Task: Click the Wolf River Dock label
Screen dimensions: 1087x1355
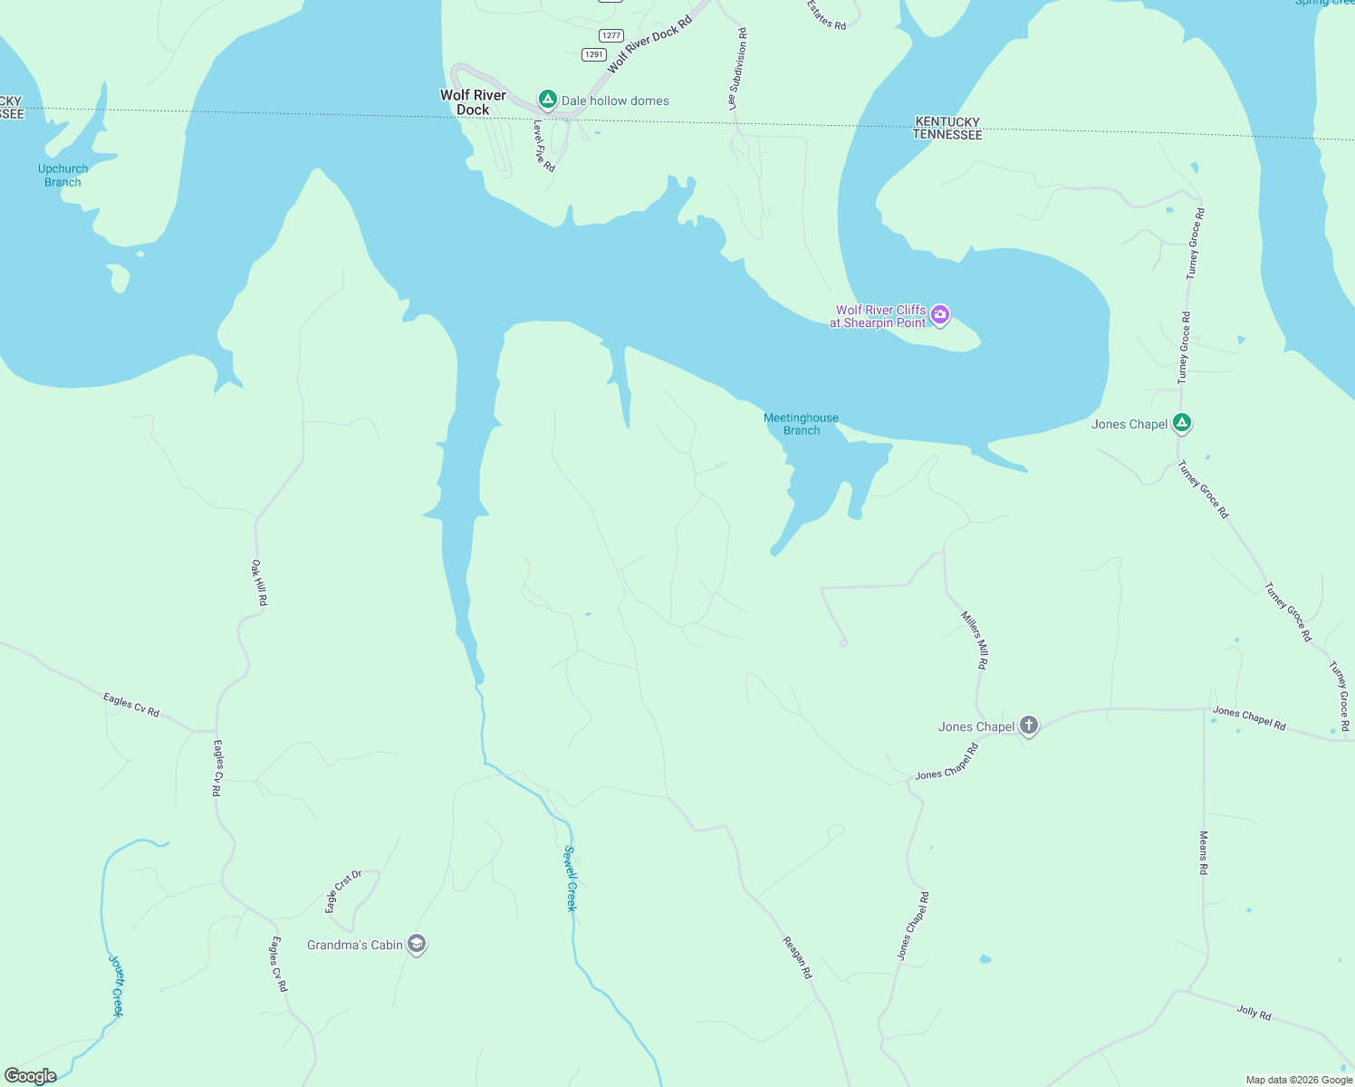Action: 473,102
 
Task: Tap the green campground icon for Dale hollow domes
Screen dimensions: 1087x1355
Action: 547,100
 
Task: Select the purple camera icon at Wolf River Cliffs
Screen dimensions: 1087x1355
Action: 940,315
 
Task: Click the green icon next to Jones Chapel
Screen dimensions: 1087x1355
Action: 1181,423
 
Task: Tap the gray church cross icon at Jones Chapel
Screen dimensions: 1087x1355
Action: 1028,726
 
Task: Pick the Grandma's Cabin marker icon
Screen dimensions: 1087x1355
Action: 417,945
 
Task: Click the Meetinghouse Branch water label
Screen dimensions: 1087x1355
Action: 801,424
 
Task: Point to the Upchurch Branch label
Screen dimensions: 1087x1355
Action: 63,176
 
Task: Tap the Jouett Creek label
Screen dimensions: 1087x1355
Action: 116,986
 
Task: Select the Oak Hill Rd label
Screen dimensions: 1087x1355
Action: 259,582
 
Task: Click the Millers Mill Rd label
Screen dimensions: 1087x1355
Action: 975,640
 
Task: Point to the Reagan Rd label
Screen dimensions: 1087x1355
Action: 797,957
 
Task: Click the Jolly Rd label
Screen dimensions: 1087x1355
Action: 1254,1012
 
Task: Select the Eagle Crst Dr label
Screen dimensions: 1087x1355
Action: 343,891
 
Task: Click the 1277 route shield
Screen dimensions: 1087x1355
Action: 611,36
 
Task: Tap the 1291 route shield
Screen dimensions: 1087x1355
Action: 593,54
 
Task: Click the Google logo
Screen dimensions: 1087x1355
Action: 31,1076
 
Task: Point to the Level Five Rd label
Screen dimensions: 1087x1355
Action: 543,146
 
